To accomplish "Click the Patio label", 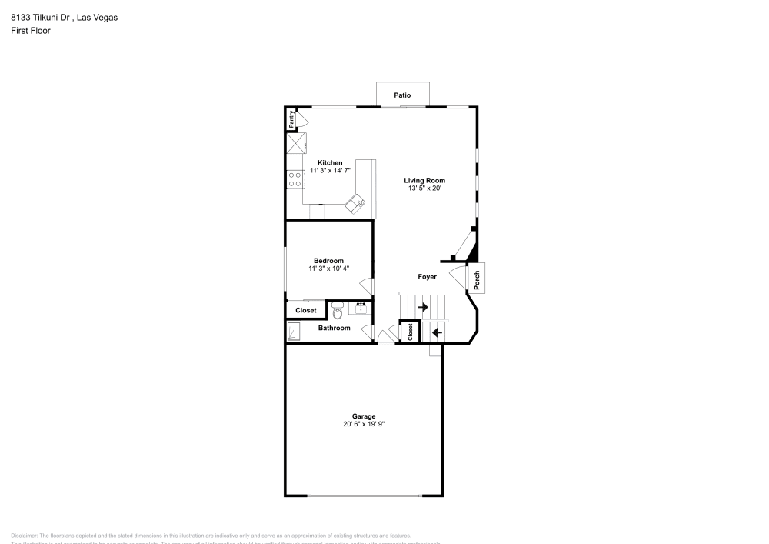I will [x=402, y=95].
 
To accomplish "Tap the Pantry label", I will [x=291, y=118].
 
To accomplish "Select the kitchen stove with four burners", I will [x=295, y=179].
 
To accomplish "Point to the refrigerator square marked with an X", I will [x=295, y=143].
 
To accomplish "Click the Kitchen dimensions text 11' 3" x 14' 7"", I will [x=330, y=171].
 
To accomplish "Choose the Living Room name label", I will [x=424, y=181].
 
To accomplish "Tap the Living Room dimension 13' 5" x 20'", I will [x=424, y=189].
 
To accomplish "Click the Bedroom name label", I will [x=328, y=261].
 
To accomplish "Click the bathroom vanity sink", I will [x=361, y=308].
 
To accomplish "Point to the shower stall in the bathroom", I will [x=295, y=332].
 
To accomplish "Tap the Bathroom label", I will [x=335, y=329].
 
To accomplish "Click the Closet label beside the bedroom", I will [x=306, y=311].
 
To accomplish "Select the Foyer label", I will [x=427, y=277].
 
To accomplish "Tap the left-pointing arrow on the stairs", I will [x=437, y=332].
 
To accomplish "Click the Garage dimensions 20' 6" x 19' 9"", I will [x=364, y=424].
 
